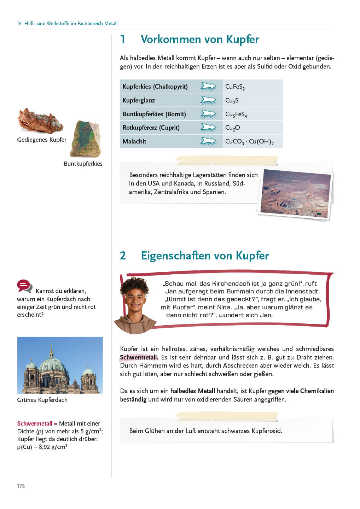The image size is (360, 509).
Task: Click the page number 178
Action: (21, 486)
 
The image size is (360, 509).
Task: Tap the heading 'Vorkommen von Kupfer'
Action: (199, 39)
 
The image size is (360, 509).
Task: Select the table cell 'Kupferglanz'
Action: (139, 100)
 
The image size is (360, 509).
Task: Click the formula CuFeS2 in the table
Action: (235, 87)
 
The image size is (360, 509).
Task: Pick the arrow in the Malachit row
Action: (208, 141)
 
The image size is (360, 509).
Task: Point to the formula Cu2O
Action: (232, 128)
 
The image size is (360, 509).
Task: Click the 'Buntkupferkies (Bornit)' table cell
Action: (154, 114)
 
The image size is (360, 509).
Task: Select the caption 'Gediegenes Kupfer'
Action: (42, 140)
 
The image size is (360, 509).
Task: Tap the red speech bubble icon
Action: (24, 286)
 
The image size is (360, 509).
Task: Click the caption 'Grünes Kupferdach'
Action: (42, 400)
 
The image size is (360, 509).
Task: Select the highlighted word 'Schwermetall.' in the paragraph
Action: (139, 357)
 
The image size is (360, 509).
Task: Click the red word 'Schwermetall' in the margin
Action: (35, 423)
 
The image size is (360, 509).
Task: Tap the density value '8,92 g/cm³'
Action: (53, 447)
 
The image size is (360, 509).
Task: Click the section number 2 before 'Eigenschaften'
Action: (123, 256)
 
